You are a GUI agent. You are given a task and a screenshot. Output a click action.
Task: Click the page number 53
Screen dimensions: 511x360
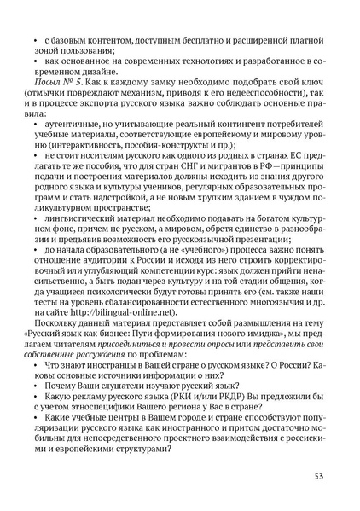coord(316,475)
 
